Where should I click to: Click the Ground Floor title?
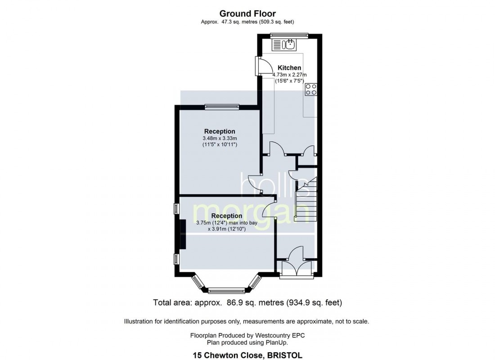click(x=247, y=14)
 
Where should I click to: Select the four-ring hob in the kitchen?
click(x=310, y=89)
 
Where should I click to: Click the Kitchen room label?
click(x=289, y=68)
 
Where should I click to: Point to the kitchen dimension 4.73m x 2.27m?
click(x=289, y=75)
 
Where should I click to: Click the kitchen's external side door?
click(x=259, y=67)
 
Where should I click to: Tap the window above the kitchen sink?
click(x=289, y=35)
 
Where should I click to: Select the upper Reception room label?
click(x=220, y=131)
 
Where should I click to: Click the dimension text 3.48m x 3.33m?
click(x=220, y=138)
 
